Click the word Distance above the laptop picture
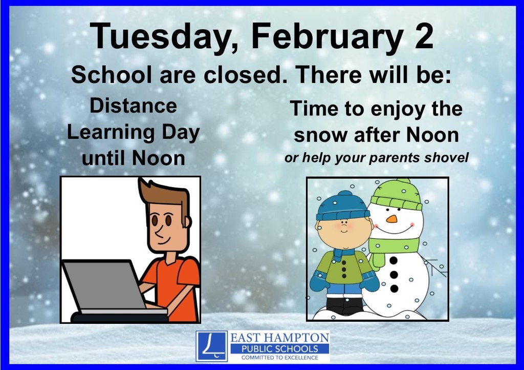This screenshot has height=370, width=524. tap(133, 106)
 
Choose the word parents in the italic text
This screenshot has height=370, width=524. tap(390, 158)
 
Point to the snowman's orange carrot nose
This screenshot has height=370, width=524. tap(391, 219)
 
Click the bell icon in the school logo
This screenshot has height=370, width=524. tap(211, 346)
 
